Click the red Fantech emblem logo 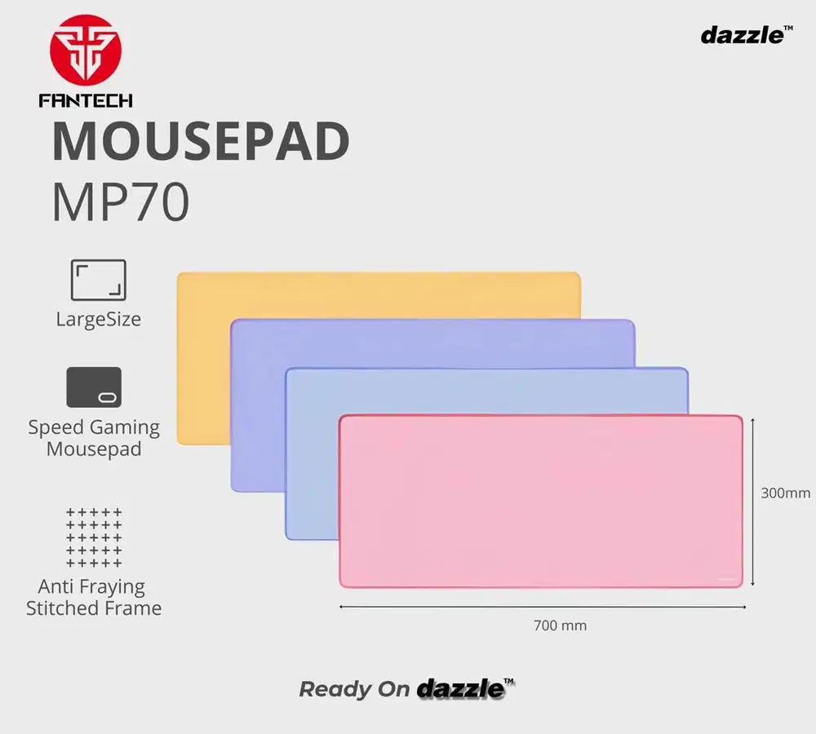pos(86,50)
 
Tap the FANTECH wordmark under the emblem pos(86,100)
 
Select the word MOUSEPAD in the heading pos(201,141)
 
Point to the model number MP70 pos(121,201)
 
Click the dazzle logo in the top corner pos(747,35)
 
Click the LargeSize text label pos(99,319)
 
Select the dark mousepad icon pos(94,387)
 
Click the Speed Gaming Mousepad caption pos(94,438)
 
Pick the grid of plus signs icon pos(94,537)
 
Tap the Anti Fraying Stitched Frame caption pos(94,597)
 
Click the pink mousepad pos(541,502)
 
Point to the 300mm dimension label pos(785,493)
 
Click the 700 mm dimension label pos(560,626)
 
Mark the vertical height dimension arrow pos(752,502)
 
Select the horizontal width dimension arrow pos(543,607)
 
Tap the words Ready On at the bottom pos(354,690)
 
